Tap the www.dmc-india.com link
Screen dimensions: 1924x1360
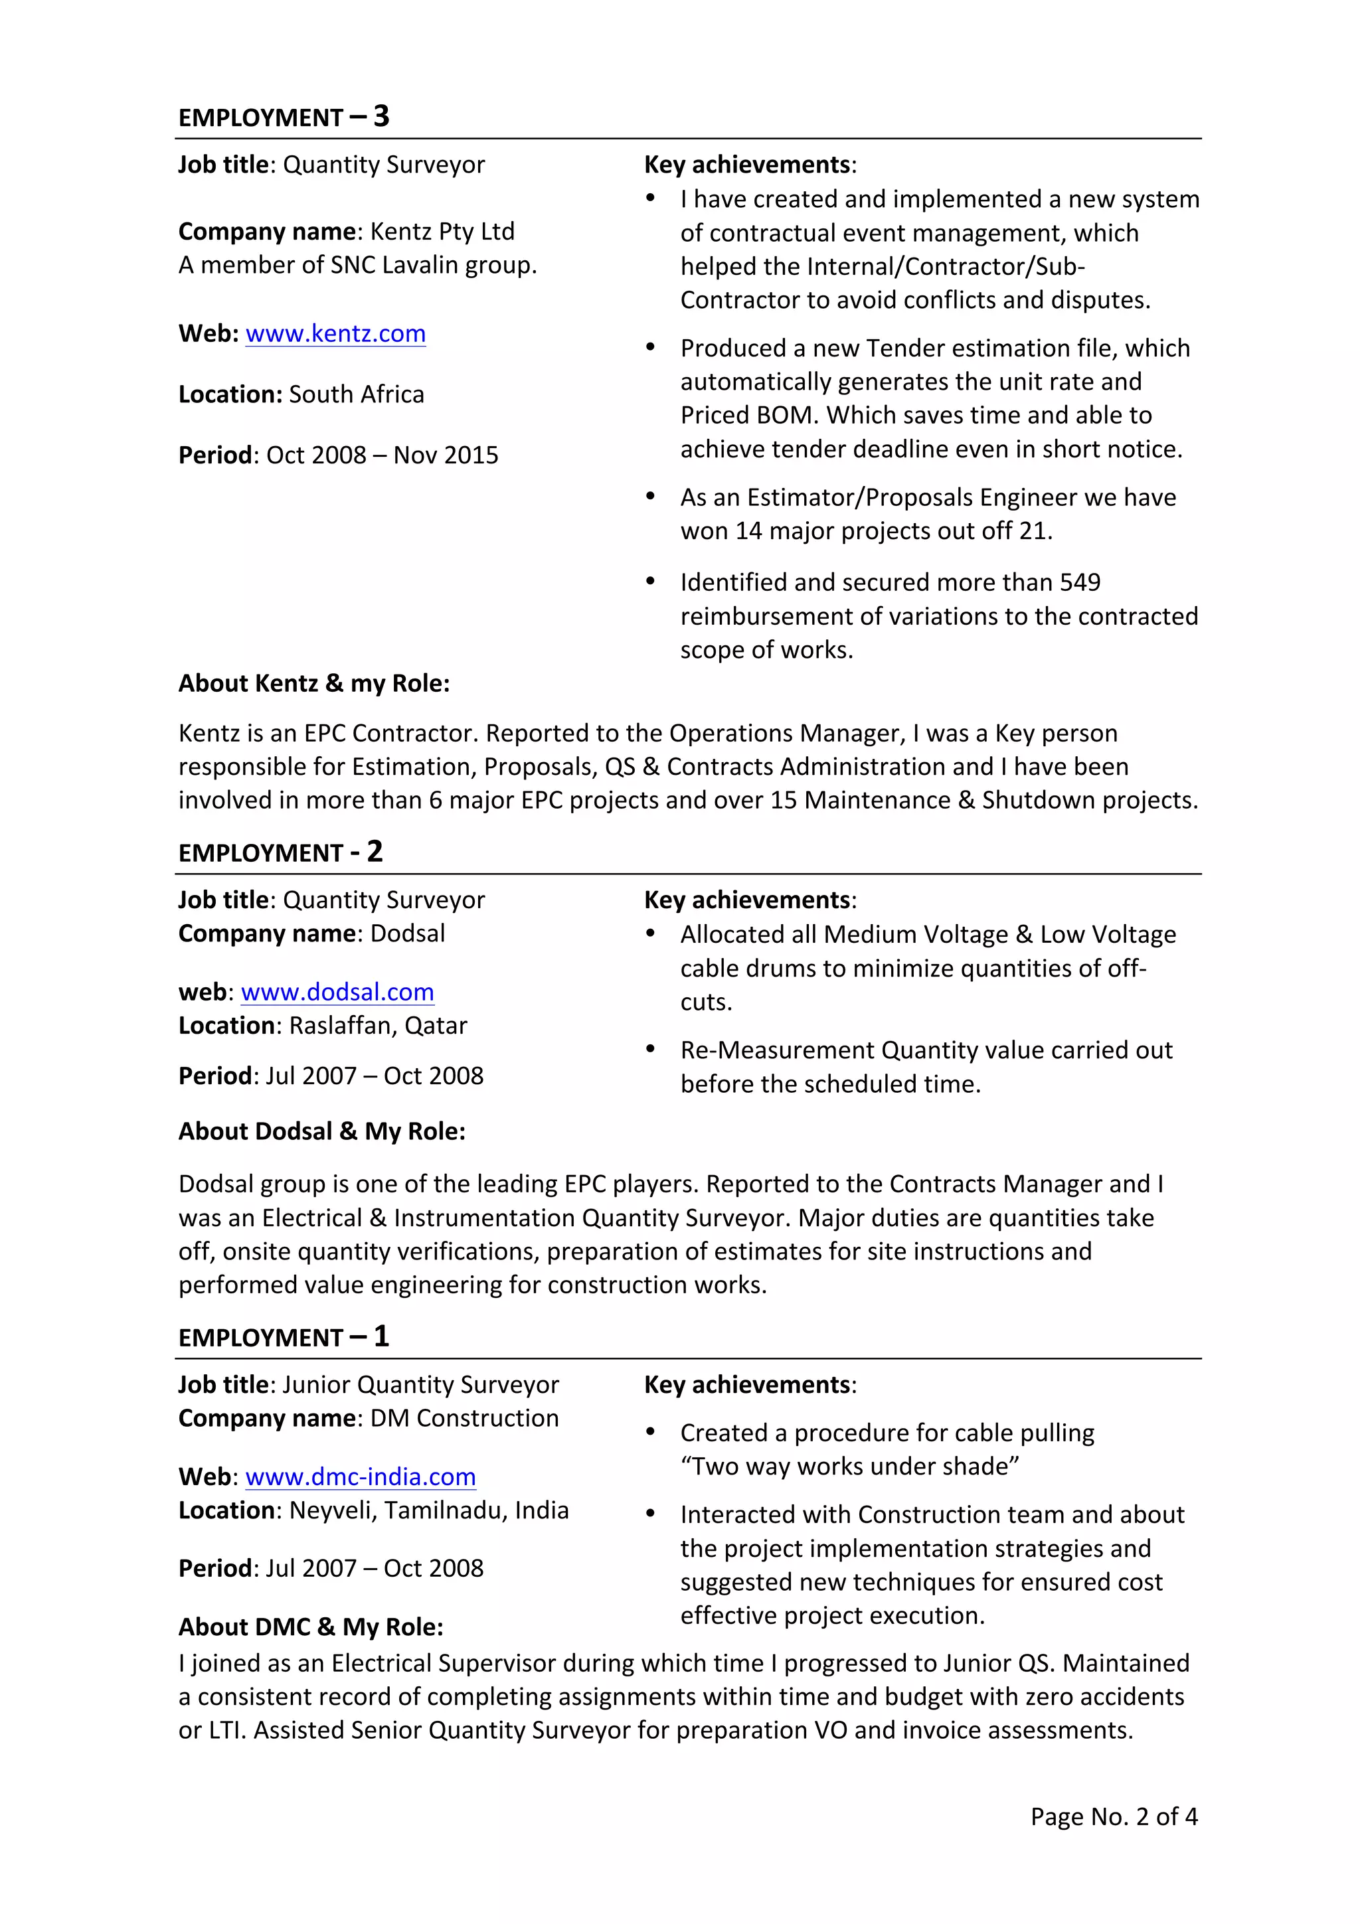pos(361,1477)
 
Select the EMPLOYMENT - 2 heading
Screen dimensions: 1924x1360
pos(280,852)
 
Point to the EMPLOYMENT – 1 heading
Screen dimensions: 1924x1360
pos(284,1336)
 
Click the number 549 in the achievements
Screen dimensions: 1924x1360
pos(1079,582)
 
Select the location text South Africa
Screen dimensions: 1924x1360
pos(356,394)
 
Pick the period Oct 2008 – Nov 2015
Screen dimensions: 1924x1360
pos(381,455)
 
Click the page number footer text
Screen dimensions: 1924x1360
pos(1113,1816)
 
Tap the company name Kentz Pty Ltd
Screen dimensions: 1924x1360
pos(442,231)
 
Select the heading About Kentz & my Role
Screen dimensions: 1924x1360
pos(313,684)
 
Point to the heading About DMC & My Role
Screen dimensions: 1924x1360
pos(310,1627)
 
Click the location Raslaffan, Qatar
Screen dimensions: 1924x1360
pos(378,1026)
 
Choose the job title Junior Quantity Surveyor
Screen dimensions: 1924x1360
pos(420,1384)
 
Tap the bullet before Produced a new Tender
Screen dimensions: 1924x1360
pos(649,347)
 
